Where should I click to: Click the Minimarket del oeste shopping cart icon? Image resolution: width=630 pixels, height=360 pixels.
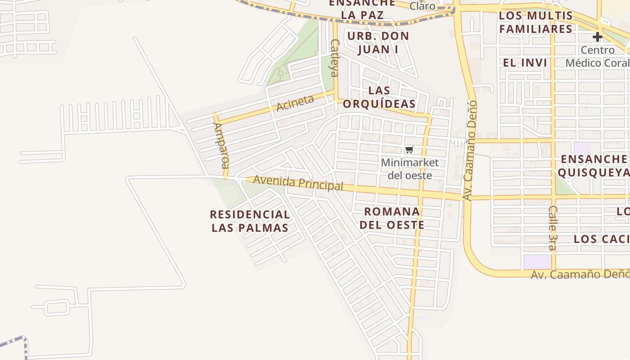(x=409, y=150)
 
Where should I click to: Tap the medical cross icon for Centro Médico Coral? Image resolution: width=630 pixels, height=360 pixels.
(x=597, y=37)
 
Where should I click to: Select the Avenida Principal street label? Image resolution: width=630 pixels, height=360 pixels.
(x=298, y=182)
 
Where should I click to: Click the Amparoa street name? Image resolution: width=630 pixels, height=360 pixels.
(x=220, y=145)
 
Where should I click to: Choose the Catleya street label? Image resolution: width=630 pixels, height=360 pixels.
(x=334, y=58)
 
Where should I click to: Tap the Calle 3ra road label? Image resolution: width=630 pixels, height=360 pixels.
(x=553, y=228)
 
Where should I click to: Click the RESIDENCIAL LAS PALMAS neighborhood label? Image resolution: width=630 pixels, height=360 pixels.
(x=250, y=221)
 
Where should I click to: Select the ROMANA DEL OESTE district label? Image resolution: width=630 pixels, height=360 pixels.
(x=392, y=218)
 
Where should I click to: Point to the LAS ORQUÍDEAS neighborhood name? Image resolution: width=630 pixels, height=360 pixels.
(x=379, y=97)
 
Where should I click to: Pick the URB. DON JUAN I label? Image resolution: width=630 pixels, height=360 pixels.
(x=378, y=42)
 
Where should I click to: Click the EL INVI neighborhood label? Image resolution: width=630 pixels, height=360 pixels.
(x=525, y=63)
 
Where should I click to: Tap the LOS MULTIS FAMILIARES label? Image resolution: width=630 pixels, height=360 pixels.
(x=536, y=22)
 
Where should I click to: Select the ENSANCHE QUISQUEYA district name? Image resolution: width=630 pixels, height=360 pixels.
(x=593, y=165)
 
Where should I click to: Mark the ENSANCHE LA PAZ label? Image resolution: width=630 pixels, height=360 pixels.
(x=362, y=9)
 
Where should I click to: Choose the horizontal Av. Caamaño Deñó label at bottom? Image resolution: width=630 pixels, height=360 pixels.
(x=580, y=274)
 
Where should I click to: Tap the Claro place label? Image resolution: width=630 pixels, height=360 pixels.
(x=422, y=6)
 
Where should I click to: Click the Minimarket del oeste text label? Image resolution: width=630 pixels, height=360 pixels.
(x=409, y=169)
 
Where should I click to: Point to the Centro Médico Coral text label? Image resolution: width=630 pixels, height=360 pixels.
(x=598, y=56)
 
